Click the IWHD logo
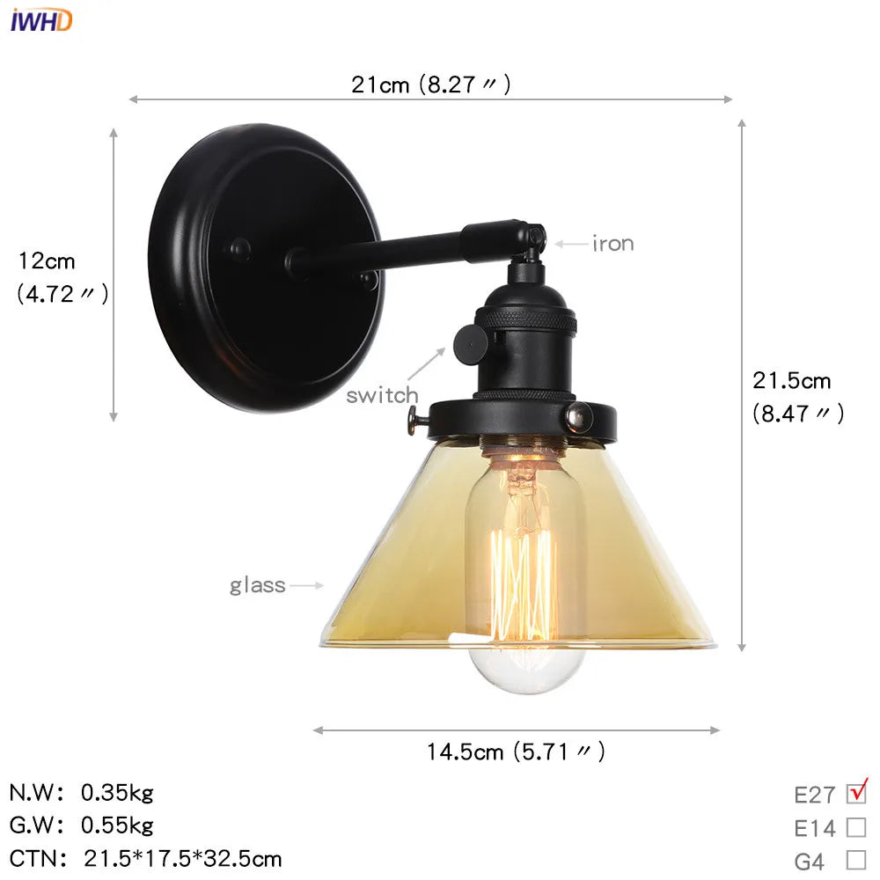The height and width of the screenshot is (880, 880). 40,19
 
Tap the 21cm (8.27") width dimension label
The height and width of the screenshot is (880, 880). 430,84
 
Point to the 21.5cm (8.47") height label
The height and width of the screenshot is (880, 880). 797,397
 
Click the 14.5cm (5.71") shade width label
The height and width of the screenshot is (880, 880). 516,752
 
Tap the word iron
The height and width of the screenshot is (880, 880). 612,244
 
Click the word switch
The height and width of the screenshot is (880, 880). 382,395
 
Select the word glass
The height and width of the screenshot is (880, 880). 258,585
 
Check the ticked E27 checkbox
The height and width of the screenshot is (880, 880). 856,794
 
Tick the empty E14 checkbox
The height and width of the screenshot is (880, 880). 856,827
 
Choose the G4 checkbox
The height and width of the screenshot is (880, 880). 856,860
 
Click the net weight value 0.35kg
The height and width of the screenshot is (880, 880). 117,793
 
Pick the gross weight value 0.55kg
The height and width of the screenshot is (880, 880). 117,825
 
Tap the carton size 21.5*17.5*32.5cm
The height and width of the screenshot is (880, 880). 183,858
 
